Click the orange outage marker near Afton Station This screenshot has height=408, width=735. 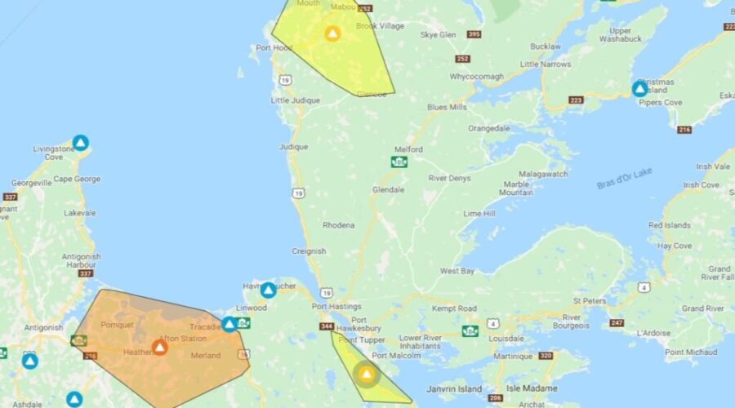coord(159,348)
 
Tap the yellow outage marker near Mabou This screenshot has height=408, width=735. coord(332,33)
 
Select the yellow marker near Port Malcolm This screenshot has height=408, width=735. coord(367,375)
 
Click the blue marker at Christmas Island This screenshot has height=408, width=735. coord(639,88)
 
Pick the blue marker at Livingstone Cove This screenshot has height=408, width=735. coord(80,143)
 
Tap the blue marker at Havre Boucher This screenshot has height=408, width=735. coord(268,290)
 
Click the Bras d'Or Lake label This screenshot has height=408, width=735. coord(626,178)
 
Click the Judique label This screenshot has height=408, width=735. coord(293,147)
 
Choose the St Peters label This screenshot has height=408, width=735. coord(590,301)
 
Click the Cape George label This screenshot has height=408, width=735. coord(77,179)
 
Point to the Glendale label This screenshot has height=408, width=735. coord(388,189)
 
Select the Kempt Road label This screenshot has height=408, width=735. coord(455,308)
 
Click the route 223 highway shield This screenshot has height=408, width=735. coord(577,100)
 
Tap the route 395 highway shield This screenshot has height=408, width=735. coord(474,34)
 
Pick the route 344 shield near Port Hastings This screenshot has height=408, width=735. coord(327,326)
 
